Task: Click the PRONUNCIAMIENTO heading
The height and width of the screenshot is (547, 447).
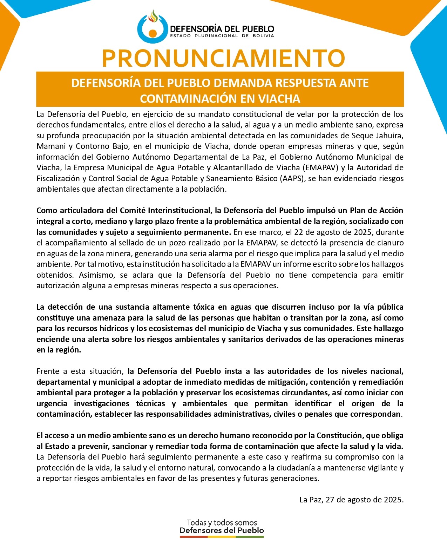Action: [x=223, y=58]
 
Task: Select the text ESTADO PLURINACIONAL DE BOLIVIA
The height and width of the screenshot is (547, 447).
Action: [x=222, y=36]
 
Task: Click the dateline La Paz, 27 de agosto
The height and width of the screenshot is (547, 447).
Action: [x=351, y=500]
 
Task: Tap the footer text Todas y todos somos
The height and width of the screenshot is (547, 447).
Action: [x=222, y=523]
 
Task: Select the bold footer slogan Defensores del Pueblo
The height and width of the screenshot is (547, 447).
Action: [x=222, y=530]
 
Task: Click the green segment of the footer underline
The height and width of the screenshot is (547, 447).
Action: [x=250, y=537]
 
